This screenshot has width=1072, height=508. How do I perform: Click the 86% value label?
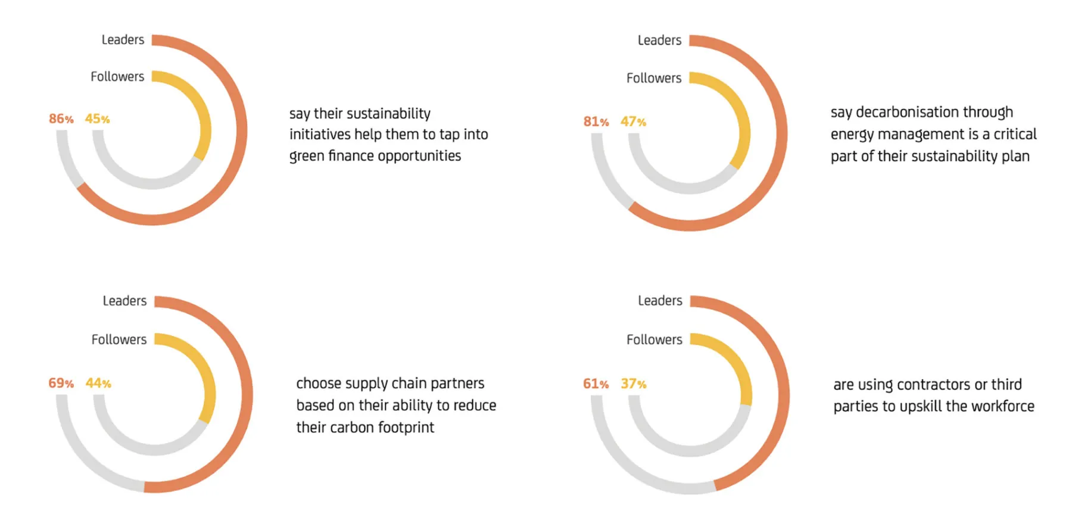click(x=61, y=119)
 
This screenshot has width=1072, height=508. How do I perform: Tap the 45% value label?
click(x=97, y=119)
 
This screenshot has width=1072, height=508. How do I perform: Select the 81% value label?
click(x=596, y=122)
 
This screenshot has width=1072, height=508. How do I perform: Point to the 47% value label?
click(x=633, y=122)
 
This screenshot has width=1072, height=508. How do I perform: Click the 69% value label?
click(x=61, y=384)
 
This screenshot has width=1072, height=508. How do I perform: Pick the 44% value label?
click(x=98, y=384)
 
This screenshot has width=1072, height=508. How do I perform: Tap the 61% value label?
click(x=596, y=384)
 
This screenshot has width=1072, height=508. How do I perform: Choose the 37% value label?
click(x=633, y=384)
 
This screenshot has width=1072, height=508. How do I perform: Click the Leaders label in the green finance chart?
click(x=123, y=40)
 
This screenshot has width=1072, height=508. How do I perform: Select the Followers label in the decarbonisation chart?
click(x=653, y=78)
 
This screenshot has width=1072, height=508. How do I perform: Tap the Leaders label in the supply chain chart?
click(x=124, y=301)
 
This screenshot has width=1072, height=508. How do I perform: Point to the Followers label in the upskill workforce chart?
click(x=654, y=339)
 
